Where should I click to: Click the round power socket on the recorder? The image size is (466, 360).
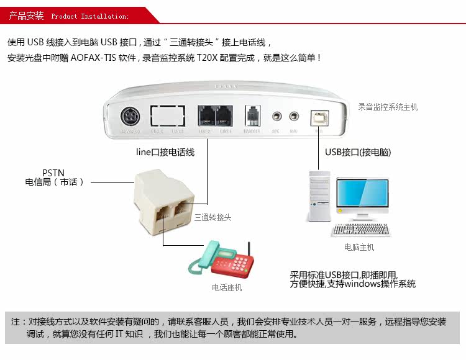[129, 116]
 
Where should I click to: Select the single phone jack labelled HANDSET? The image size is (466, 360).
[252, 116]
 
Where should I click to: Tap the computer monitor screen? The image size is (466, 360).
[362, 196]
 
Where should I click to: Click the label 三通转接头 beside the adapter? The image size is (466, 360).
[212, 217]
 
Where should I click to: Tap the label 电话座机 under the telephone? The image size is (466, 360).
[227, 287]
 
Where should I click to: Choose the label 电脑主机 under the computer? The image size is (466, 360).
[359, 247]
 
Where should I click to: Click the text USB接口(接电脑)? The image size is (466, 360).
[358, 152]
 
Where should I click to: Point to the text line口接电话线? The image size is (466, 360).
[165, 152]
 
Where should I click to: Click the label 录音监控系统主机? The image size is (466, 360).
[388, 107]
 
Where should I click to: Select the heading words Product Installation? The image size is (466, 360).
[90, 16]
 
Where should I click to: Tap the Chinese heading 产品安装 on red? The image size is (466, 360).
[27, 16]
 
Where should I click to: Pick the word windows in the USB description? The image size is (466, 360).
[362, 284]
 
